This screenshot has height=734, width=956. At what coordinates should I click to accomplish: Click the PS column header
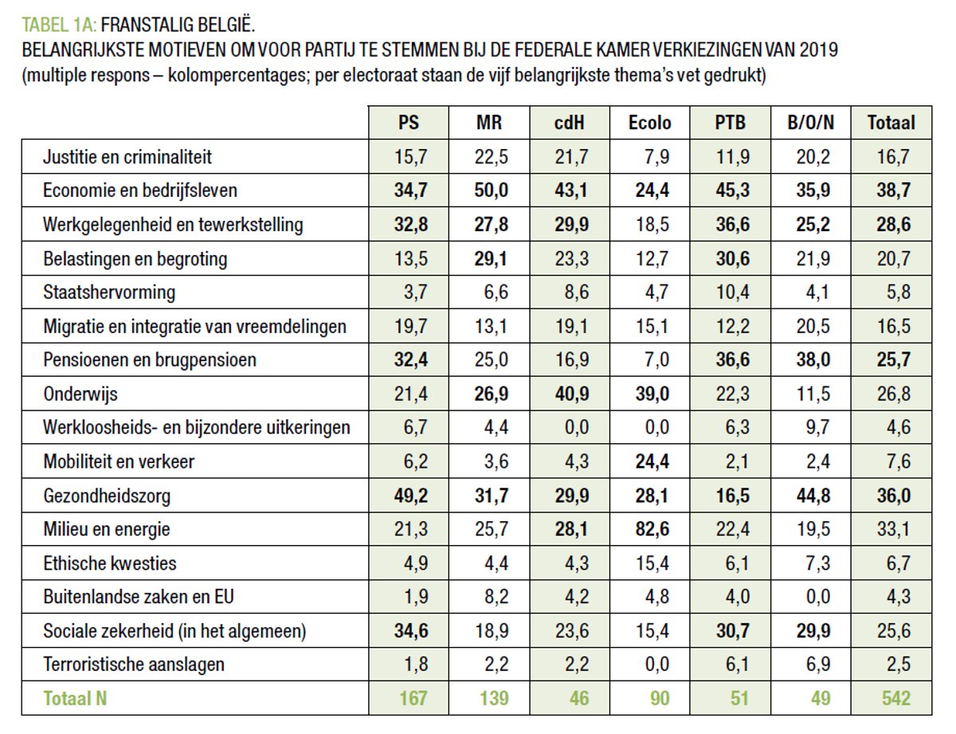(409, 123)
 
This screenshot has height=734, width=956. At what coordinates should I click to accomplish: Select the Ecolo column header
(650, 123)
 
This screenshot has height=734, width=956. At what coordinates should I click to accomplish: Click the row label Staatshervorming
(109, 292)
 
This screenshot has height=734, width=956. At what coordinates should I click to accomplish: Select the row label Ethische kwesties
(110, 563)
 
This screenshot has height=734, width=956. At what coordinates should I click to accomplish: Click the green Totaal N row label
(76, 699)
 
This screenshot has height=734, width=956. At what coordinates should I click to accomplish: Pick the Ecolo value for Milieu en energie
(650, 529)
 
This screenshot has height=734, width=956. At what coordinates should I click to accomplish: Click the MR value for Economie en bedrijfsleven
(490, 190)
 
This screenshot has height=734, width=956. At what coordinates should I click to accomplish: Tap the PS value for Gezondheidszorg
(409, 496)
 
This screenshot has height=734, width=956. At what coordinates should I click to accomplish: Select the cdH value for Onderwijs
(570, 394)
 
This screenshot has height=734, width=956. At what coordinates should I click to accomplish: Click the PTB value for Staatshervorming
(731, 292)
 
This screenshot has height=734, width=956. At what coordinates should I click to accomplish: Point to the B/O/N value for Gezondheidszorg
(813, 496)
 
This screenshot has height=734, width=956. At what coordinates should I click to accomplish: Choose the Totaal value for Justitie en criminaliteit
(893, 157)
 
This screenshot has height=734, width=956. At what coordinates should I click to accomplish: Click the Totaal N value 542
(893, 699)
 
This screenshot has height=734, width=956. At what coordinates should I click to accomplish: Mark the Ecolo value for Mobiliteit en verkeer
(650, 461)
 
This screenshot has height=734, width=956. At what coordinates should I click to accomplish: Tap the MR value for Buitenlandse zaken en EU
(490, 597)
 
